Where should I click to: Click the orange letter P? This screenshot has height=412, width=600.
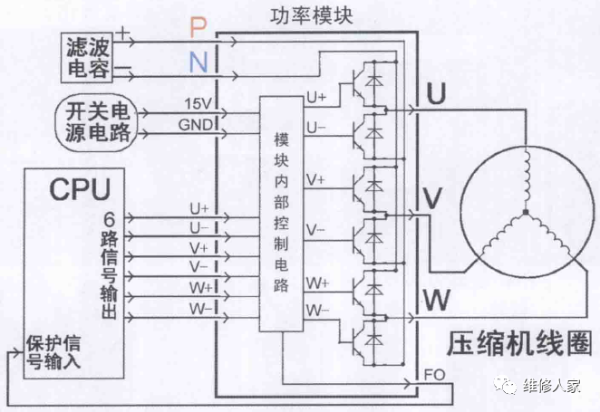(x=198, y=28)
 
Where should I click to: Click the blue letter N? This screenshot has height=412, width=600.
(x=198, y=62)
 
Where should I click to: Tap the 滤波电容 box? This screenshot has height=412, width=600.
(x=89, y=55)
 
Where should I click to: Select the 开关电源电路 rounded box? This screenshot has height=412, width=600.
(x=96, y=123)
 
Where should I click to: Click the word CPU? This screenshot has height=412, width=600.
(x=80, y=189)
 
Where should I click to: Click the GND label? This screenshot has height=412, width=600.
(x=198, y=123)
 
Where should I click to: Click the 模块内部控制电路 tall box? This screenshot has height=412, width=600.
(x=281, y=214)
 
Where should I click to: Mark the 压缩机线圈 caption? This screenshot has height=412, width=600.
(x=518, y=345)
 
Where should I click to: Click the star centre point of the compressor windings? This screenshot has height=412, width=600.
(x=524, y=214)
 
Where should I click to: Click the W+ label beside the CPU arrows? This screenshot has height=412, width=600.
(x=200, y=288)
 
